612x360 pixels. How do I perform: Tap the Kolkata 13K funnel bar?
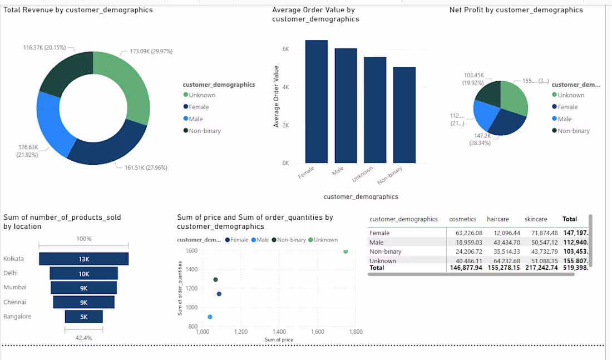(x=84, y=259)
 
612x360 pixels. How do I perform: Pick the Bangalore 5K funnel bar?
(x=84, y=317)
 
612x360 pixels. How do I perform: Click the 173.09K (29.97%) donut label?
(x=151, y=51)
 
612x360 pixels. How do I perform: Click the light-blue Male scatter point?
(x=210, y=317)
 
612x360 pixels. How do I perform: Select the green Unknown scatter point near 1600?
(x=346, y=251)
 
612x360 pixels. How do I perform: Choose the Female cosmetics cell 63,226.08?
(x=468, y=233)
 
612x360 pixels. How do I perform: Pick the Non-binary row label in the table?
(x=386, y=251)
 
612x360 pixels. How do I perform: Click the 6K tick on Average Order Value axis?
(x=285, y=49)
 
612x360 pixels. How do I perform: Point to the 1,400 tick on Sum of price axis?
(x=279, y=332)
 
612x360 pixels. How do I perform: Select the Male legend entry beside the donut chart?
(x=195, y=119)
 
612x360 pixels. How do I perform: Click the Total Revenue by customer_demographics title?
(x=78, y=10)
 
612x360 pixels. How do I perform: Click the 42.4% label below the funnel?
(x=84, y=338)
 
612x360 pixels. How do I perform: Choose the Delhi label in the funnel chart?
(x=11, y=273)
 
